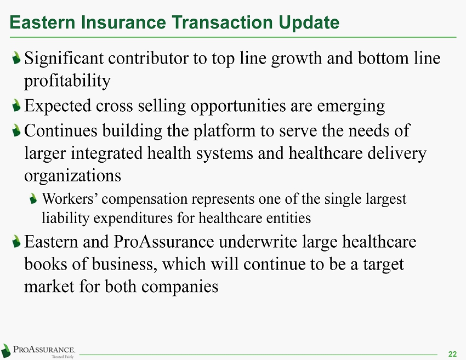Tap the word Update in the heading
click(309, 23)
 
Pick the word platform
click(224, 132)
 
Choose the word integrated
click(107, 154)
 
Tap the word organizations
click(72, 176)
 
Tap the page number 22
click(452, 354)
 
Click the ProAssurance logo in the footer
click(38, 351)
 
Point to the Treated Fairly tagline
click(62, 357)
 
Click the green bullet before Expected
click(16, 105)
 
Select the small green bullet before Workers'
click(33, 198)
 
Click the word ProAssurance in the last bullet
click(164, 242)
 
